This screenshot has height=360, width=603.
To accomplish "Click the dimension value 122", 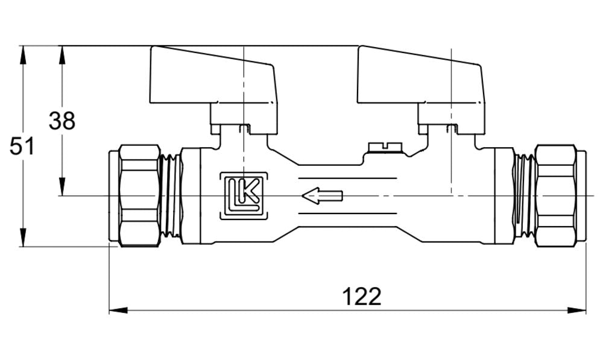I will pyautogui.click(x=362, y=296).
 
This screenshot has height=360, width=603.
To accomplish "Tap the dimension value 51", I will pyautogui.click(x=22, y=147).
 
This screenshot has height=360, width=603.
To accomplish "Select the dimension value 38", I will pyautogui.click(x=62, y=121).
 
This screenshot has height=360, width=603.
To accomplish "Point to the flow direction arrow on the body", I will pyautogui.click(x=322, y=195).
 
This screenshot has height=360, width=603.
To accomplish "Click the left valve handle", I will pyautogui.click(x=212, y=74).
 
